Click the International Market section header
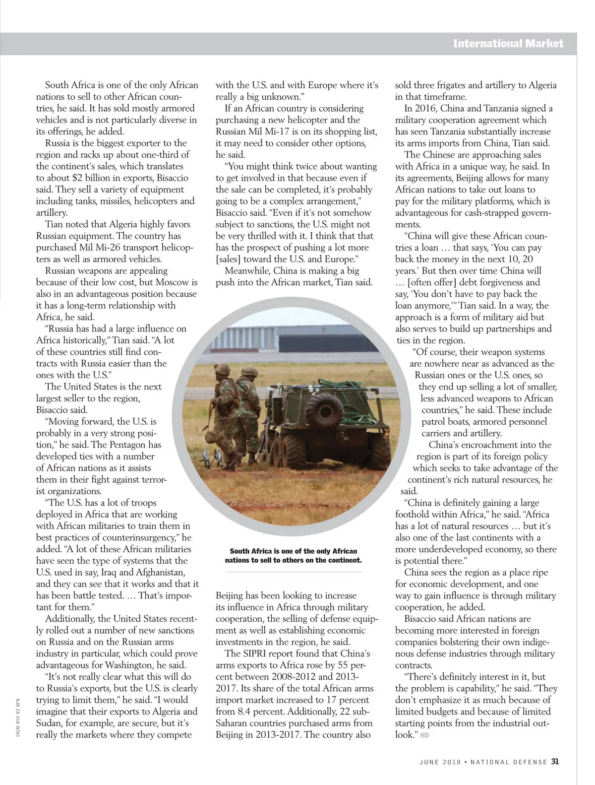pyautogui.click(x=508, y=44)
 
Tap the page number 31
pyautogui.click(x=555, y=761)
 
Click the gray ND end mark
pyautogui.click(x=424, y=735)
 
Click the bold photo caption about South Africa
pyautogui.click(x=294, y=555)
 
